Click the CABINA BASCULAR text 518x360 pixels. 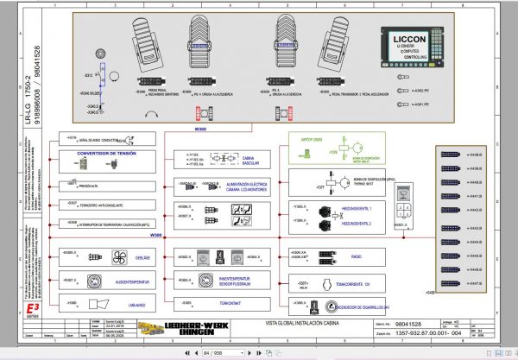click(x=252, y=161)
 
